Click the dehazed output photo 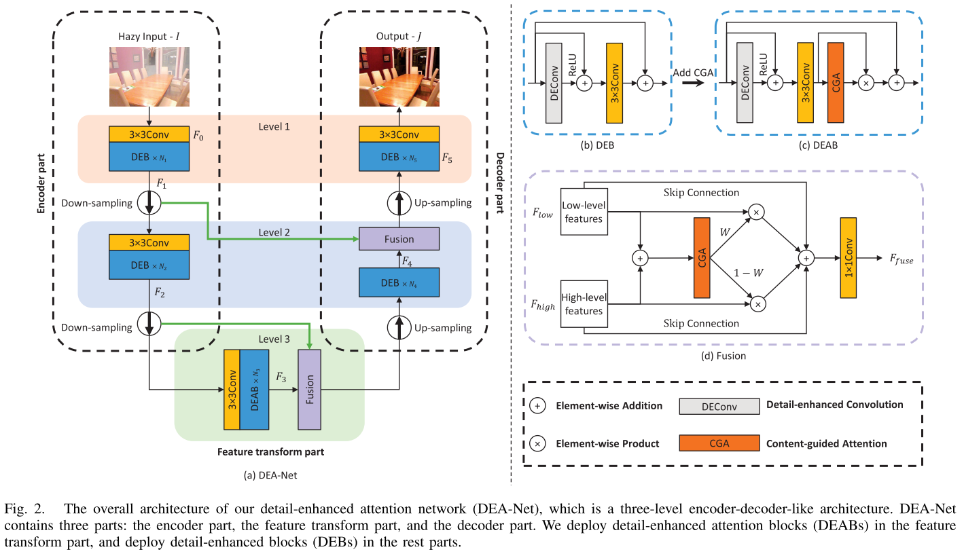399,76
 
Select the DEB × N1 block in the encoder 149,158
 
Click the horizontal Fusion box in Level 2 399,239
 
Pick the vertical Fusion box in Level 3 309,390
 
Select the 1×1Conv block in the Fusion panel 849,258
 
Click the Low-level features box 584,211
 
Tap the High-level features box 584,304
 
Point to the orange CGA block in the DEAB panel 836,82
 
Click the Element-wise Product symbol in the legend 537,443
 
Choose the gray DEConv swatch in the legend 719,406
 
